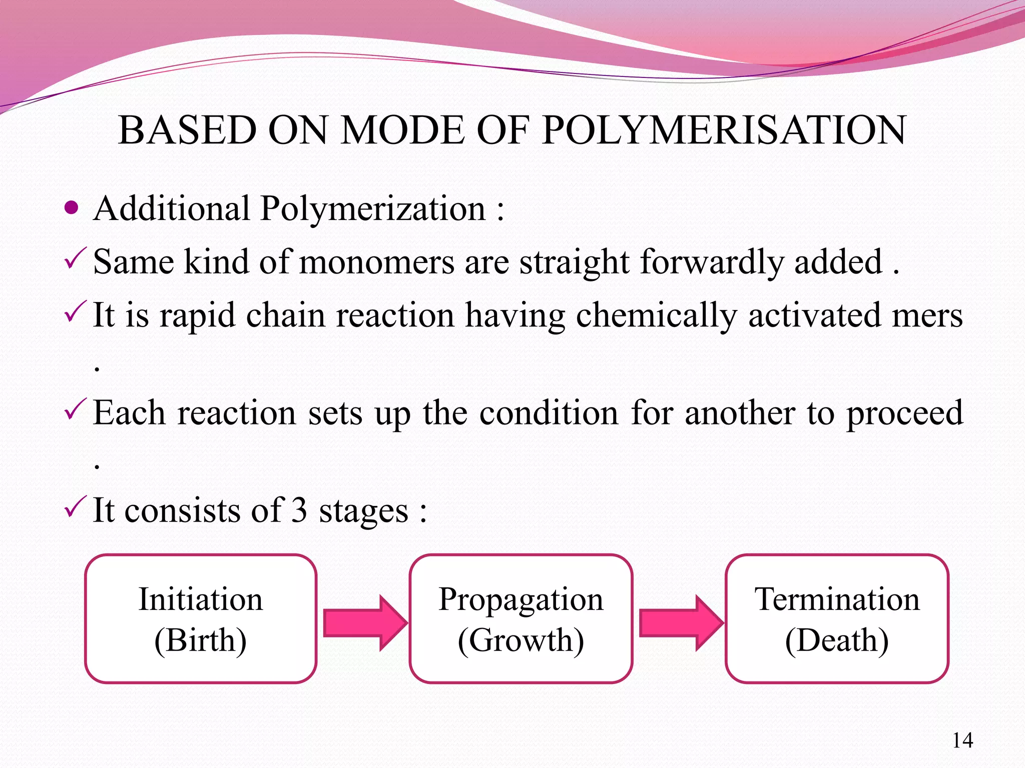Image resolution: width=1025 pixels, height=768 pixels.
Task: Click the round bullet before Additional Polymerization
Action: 72,207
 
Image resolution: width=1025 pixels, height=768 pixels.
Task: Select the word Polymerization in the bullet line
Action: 373,208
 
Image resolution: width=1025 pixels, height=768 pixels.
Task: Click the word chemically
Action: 656,316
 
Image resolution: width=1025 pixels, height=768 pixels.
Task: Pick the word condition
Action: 549,413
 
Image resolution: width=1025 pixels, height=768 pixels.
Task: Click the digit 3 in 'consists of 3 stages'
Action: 299,510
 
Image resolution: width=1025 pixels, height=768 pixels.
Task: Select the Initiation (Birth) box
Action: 201,618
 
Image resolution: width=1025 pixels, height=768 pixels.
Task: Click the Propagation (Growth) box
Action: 521,618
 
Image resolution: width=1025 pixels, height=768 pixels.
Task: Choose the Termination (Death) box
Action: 837,618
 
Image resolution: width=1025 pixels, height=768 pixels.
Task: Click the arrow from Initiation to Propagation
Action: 364,623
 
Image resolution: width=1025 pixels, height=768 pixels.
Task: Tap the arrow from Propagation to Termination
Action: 681,623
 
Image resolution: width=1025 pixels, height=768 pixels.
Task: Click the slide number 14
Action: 962,740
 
